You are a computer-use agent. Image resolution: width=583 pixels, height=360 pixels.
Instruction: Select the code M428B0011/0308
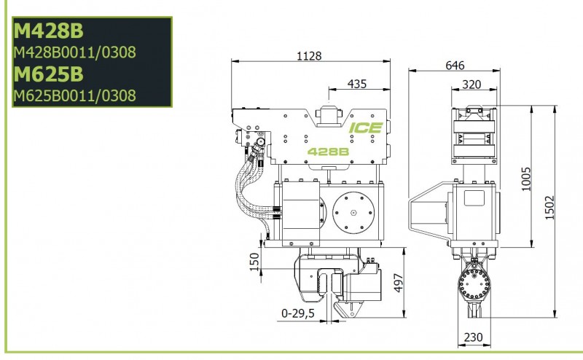[74, 53]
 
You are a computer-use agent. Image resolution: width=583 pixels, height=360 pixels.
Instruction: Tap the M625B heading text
[48, 74]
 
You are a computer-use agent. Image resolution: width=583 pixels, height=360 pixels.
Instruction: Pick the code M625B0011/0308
[74, 95]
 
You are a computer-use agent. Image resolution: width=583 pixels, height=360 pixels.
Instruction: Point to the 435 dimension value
[357, 84]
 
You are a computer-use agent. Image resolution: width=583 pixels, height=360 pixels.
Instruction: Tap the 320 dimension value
[472, 85]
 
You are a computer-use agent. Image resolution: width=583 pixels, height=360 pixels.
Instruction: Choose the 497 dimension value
[399, 283]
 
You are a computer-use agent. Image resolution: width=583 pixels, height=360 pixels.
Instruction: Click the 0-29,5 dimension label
[297, 314]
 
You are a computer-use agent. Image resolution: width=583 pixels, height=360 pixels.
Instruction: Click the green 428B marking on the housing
[327, 152]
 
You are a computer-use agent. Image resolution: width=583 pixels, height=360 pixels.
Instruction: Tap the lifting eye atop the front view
[328, 115]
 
